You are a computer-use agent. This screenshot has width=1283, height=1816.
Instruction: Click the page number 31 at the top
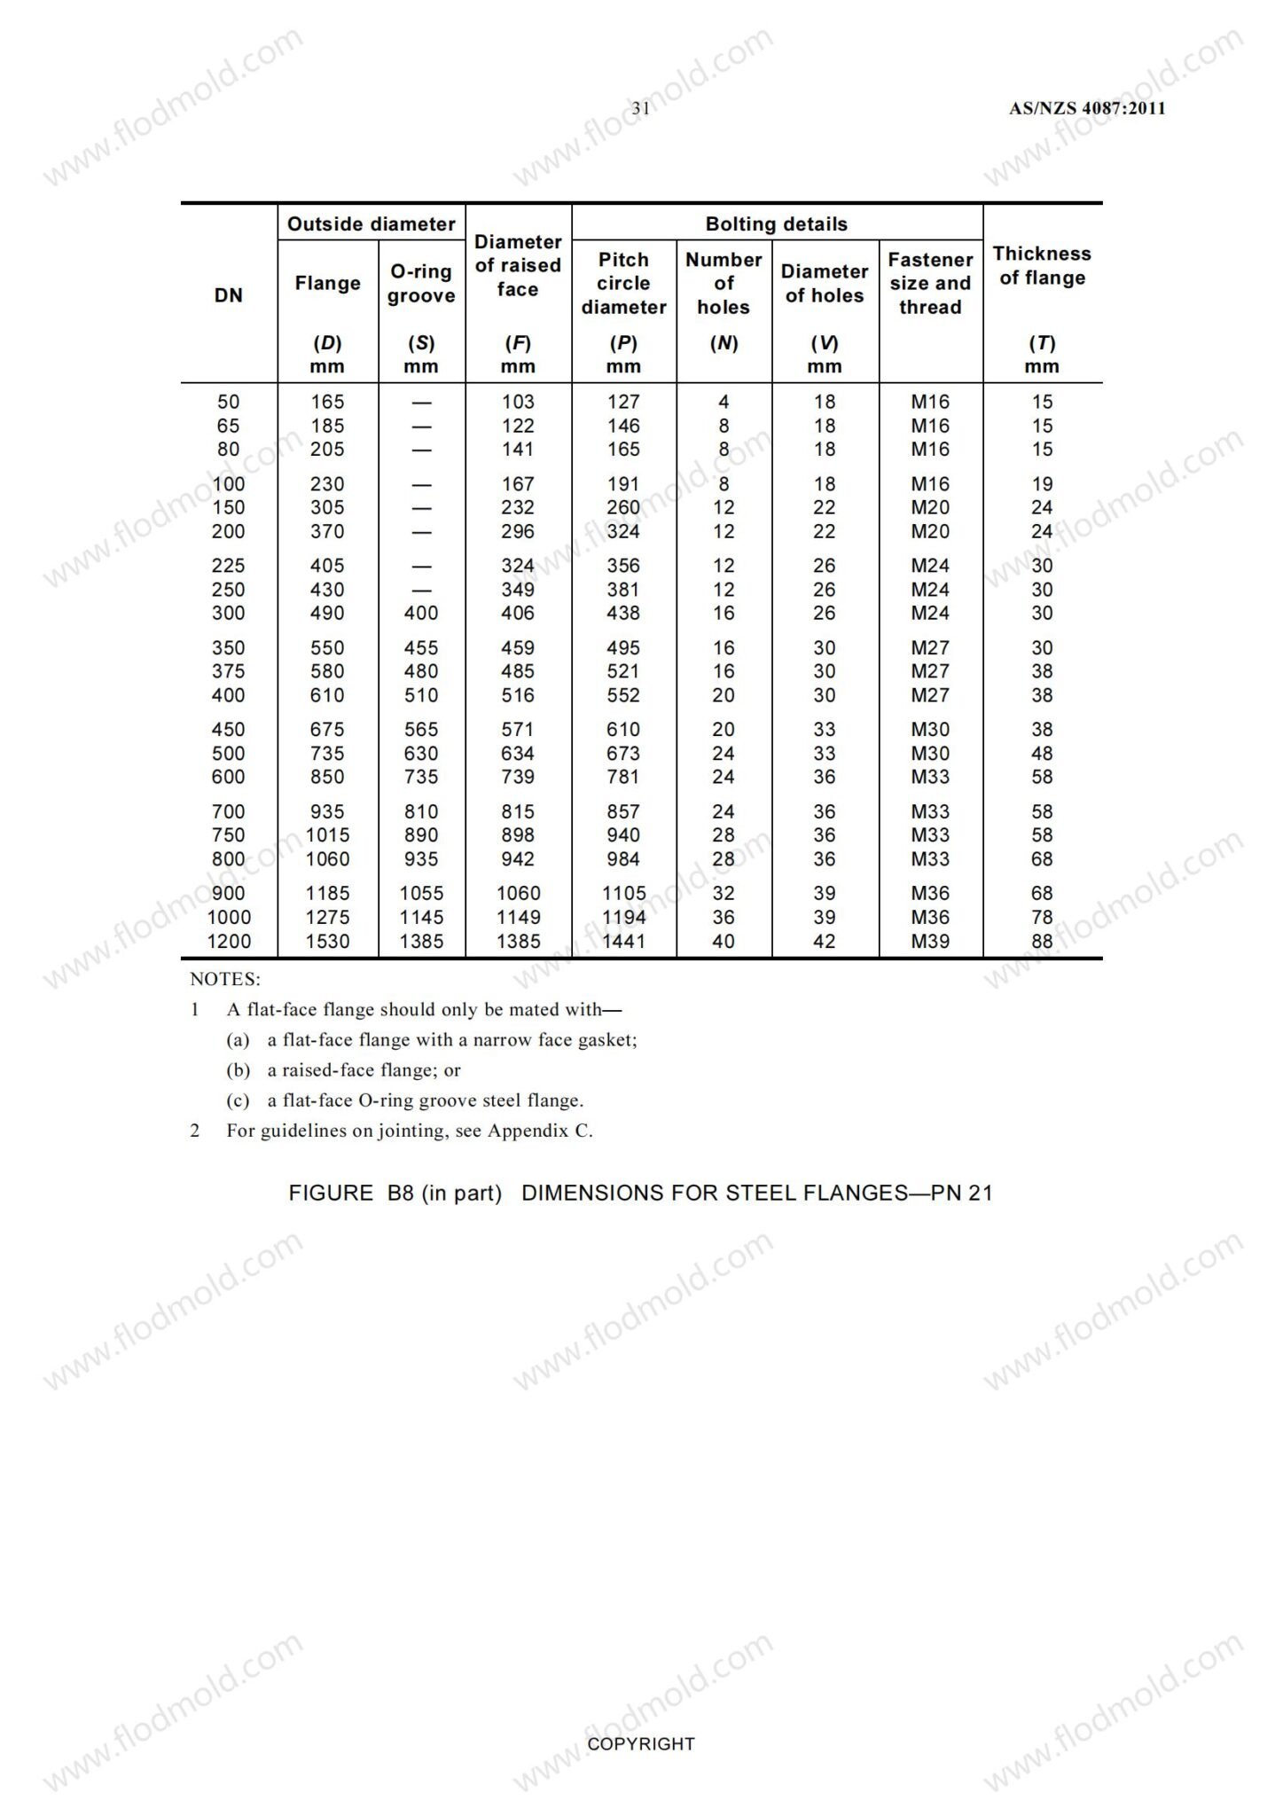pos(641,108)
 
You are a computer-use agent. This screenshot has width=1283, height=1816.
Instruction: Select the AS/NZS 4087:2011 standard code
pos(1087,109)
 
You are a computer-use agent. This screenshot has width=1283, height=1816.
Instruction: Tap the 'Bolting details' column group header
pos(776,224)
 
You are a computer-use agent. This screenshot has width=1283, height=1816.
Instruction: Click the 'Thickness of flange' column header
pos(1042,266)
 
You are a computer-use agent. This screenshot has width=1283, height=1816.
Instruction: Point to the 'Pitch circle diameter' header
pos(623,284)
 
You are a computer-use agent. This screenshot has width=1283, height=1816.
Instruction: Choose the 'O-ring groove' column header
pos(421,284)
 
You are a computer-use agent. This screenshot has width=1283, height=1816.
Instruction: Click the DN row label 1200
pos(229,942)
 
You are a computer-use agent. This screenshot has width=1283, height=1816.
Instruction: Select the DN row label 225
pos(229,566)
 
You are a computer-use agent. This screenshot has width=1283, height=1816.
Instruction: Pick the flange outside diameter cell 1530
pos(327,942)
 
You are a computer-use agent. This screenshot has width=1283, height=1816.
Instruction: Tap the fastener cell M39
pos(930,942)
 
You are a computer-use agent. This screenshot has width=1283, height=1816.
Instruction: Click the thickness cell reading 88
pos(1042,942)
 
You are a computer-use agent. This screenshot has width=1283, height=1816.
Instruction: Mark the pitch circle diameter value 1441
pos(623,942)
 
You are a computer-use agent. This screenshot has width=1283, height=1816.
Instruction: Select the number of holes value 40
pos(724,942)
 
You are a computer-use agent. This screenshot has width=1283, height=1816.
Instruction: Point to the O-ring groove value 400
pos(421,614)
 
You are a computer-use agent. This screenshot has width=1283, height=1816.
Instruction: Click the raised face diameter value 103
pos(518,403)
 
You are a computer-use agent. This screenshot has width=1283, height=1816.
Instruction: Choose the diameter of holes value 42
pos(825,942)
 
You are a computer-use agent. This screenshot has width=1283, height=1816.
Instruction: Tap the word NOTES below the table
pos(225,980)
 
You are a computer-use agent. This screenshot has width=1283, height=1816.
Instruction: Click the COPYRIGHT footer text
pos(641,1744)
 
